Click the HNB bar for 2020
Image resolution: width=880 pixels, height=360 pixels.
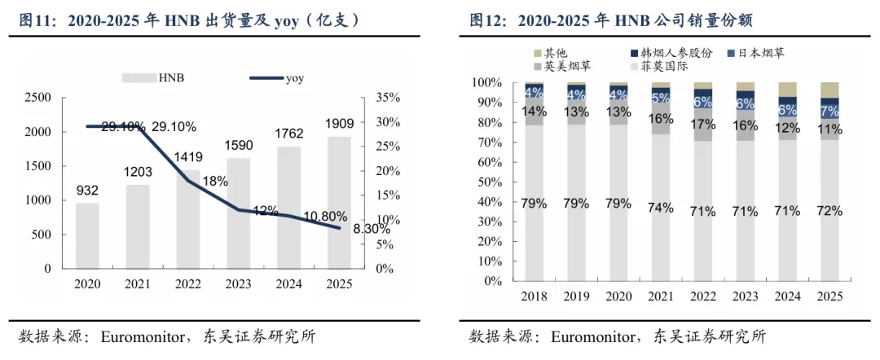[x=87, y=235]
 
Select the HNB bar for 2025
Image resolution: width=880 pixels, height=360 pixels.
[x=340, y=203]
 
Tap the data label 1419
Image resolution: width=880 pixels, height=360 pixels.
[x=188, y=157]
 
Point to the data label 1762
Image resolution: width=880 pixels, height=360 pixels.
[x=289, y=134]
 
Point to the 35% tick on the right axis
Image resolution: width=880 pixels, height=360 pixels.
[x=387, y=98]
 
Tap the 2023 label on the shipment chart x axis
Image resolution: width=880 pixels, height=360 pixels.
[x=239, y=284]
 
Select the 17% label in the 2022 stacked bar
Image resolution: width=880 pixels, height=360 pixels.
[x=702, y=125]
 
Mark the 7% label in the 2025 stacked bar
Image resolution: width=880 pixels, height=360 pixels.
[x=829, y=109]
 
